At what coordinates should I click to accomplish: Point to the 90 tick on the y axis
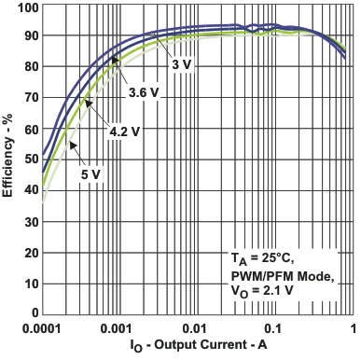(x=29, y=36)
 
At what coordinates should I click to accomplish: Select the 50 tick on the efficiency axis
(x=29, y=159)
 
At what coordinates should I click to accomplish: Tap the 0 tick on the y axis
(x=33, y=312)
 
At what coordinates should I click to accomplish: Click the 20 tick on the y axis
(x=29, y=251)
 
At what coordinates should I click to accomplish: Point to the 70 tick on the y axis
(x=29, y=98)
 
